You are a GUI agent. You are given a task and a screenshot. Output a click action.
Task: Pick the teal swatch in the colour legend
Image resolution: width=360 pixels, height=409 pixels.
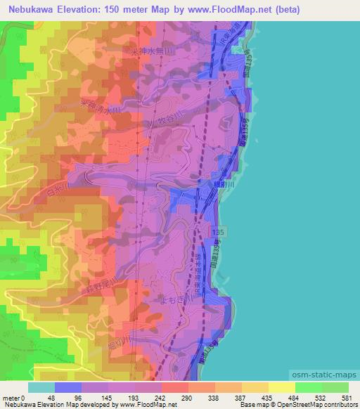click(x=41, y=387)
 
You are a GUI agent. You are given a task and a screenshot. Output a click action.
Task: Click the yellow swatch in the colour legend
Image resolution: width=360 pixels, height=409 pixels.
click(x=281, y=387)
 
